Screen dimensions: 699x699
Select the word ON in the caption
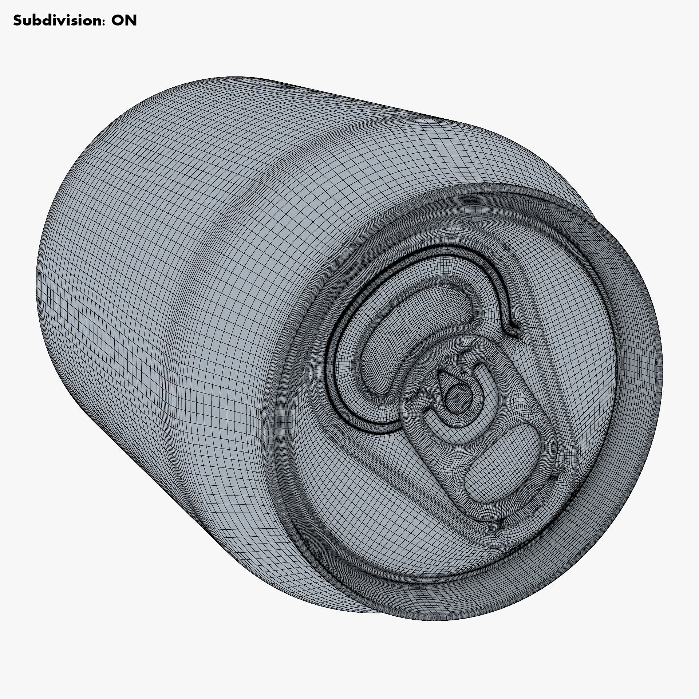(124, 20)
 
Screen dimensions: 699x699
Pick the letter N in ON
(131, 20)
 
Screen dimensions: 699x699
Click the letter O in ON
(117, 20)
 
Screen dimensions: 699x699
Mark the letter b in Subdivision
(37, 20)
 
